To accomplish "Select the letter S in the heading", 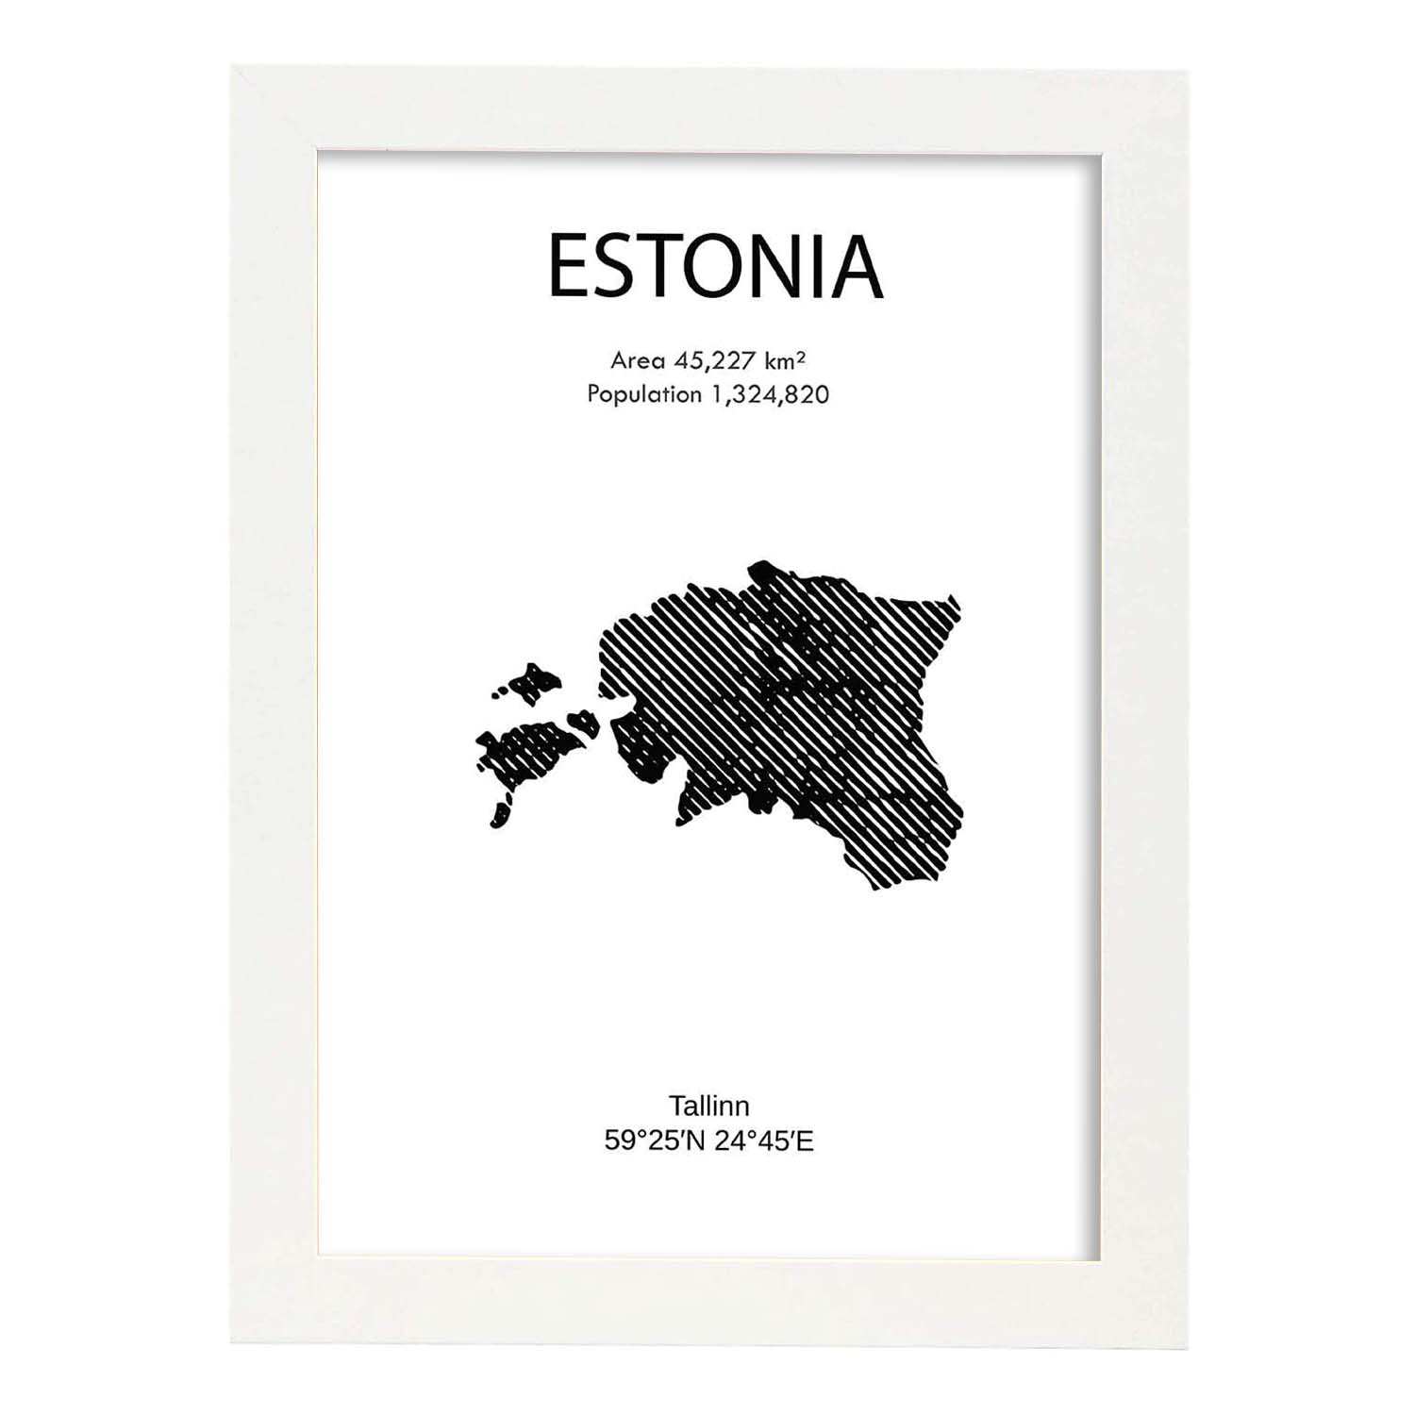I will (x=611, y=267).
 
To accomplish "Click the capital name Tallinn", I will (x=709, y=1106).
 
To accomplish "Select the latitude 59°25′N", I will (x=658, y=1141).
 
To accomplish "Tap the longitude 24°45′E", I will (x=764, y=1141).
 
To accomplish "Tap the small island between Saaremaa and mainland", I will (x=586, y=724).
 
